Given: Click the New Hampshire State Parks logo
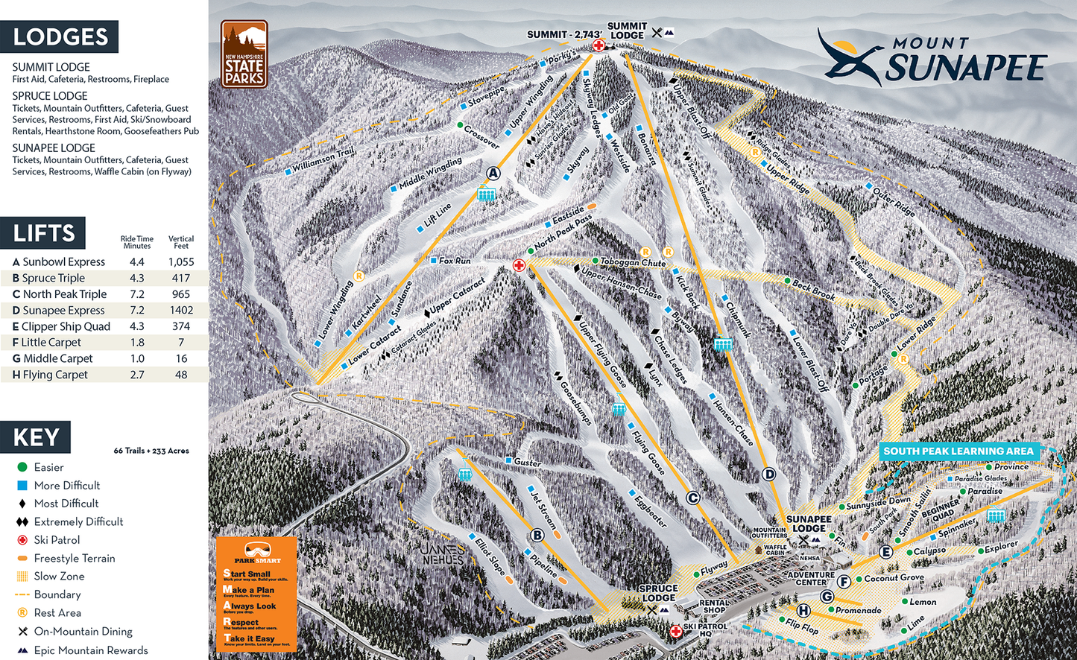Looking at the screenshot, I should point(244,54).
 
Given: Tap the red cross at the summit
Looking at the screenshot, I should point(598,46).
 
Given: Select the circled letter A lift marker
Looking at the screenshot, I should point(493,174).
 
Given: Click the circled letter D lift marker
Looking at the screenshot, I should point(769,474).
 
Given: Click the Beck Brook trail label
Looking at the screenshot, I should point(814,290).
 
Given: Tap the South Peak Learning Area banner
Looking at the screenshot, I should point(958,451).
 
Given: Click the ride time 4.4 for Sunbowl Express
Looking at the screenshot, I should point(136,262).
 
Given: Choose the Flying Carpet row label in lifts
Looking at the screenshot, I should point(55,375).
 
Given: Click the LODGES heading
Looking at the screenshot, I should point(60,37).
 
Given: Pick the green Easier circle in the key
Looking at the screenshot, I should point(22,467).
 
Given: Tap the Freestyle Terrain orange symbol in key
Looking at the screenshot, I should point(22,558).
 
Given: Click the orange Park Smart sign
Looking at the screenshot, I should point(256,594).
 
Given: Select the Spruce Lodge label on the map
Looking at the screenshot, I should point(658,593).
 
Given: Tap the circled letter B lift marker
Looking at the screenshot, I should point(537,535).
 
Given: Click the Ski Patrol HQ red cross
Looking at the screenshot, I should point(675,631).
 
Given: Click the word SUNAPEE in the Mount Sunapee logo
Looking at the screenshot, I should point(966,69).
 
